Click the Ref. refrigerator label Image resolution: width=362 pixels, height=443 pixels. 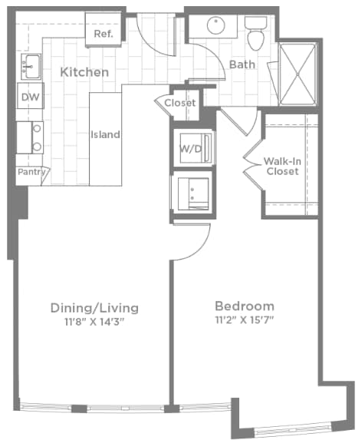point(104,35)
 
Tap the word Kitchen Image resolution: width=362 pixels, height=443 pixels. point(84,72)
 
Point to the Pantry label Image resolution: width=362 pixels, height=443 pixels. point(31,173)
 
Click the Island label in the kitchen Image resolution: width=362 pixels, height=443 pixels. point(105,135)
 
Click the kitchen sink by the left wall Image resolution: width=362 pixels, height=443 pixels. point(31,67)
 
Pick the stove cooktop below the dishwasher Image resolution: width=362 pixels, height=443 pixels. point(31,138)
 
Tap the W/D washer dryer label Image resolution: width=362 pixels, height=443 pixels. point(189,147)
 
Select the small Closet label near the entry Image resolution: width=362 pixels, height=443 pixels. point(180,103)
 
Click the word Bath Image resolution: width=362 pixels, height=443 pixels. point(242,64)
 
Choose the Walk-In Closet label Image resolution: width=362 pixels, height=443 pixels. point(281,167)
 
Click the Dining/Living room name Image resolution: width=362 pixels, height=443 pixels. point(94,308)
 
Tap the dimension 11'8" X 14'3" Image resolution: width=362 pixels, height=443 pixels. point(94,322)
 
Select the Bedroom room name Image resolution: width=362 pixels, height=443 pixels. point(244,304)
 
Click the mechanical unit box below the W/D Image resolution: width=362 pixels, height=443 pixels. point(190,191)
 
